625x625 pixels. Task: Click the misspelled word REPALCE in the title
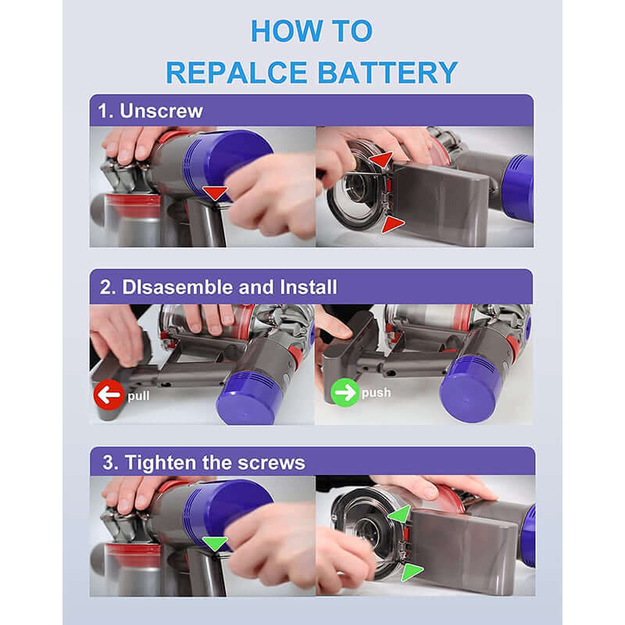pyautogui.click(x=233, y=72)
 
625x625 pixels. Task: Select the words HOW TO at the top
pyautogui.click(x=312, y=31)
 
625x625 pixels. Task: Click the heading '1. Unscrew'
pyautogui.click(x=151, y=111)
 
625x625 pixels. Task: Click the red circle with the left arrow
pyautogui.click(x=109, y=395)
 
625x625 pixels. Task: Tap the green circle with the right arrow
pyautogui.click(x=345, y=392)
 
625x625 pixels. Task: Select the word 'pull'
pyautogui.click(x=138, y=395)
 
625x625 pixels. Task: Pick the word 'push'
pyautogui.click(x=376, y=393)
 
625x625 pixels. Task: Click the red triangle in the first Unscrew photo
pyautogui.click(x=215, y=193)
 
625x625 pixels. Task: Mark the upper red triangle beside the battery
pyautogui.click(x=380, y=160)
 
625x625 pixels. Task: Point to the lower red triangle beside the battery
pyautogui.click(x=392, y=224)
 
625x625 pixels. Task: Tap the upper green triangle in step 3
pyautogui.click(x=398, y=514)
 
